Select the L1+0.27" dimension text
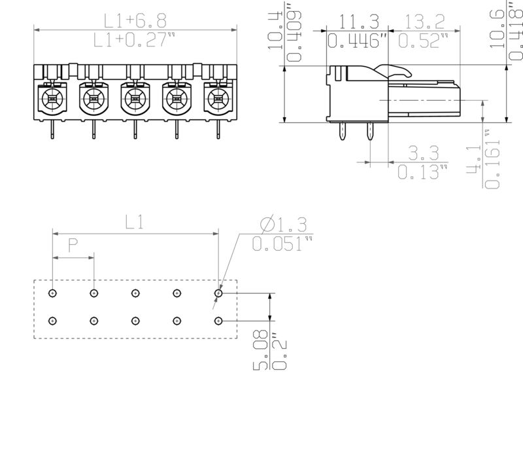135,41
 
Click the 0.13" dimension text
422,173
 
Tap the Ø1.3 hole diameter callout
283,225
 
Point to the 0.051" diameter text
282,245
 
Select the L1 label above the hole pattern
135,223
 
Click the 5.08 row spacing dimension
261,353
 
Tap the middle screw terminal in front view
134,99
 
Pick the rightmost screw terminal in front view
216,99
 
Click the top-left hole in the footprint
53,293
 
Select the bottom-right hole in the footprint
218,321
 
